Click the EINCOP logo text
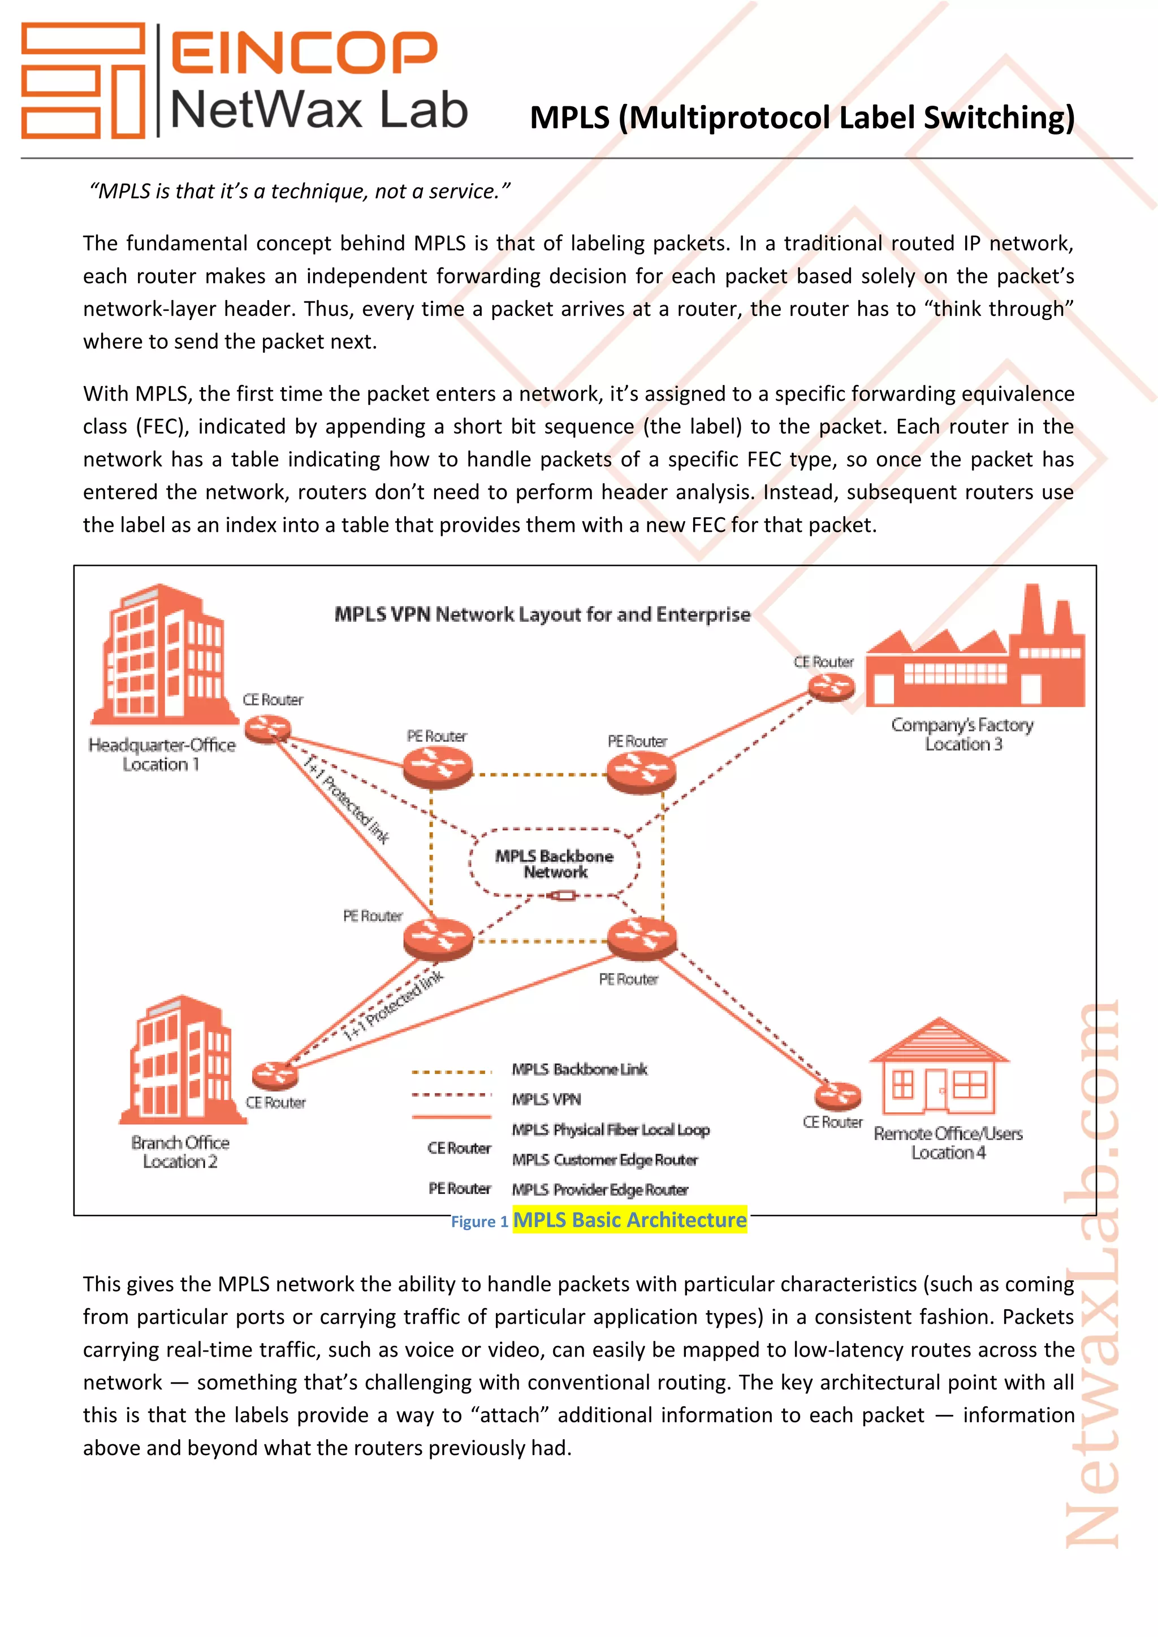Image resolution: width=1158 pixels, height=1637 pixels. (304, 52)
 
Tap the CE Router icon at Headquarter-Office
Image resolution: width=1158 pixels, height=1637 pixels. (267, 729)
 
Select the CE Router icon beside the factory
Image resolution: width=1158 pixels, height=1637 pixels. (831, 687)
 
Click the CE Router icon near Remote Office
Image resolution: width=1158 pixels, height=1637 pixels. (838, 1095)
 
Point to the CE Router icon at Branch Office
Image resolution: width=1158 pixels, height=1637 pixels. (275, 1075)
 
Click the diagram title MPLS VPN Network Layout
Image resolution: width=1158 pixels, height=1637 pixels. (542, 614)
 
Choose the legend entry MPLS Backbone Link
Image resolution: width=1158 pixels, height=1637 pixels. (579, 1069)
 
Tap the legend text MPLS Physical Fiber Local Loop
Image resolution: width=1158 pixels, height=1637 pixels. (610, 1129)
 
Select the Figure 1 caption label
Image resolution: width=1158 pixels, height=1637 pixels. (479, 1222)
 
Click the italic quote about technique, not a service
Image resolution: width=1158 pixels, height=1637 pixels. (300, 191)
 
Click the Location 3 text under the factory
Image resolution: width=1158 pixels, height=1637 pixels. (963, 744)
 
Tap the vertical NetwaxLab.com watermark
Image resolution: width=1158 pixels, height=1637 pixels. (1092, 1276)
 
